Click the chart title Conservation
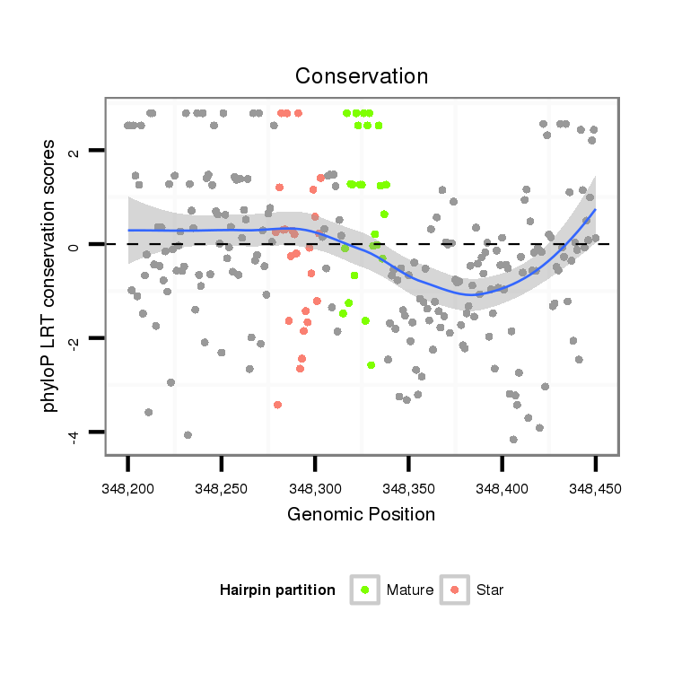pos(361,74)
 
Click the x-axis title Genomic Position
pos(361,514)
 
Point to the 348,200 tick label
pos(128,487)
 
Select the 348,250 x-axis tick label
pos(222,487)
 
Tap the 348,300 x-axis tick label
pos(315,487)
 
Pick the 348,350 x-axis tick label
pos(408,487)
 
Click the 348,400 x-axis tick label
pos(502,487)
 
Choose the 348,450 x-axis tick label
pos(595,487)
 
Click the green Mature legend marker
pos(365,590)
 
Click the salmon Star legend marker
pos(455,590)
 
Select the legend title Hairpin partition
pos(277,590)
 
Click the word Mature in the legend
pos(410,590)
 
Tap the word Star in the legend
pos(490,590)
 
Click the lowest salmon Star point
pos(277,405)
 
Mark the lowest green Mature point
pos(371,365)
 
